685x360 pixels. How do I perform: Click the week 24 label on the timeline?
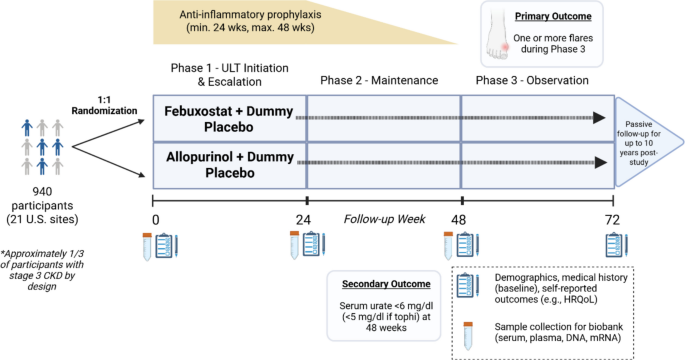click(303, 220)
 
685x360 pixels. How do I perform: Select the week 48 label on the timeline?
click(458, 220)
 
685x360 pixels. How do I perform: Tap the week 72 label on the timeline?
click(612, 220)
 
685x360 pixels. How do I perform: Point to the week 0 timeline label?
click(156, 220)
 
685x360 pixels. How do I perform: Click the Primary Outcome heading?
click(553, 16)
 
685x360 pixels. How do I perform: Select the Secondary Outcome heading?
click(386, 284)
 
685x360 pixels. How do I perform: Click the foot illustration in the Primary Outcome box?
click(497, 36)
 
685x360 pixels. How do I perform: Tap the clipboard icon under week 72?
click(616, 245)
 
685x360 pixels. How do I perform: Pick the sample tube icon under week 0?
click(147, 246)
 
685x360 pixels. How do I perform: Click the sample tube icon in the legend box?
click(468, 336)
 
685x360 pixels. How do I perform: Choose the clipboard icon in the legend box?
click(467, 285)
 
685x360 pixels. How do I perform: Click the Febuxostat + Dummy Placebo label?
click(228, 119)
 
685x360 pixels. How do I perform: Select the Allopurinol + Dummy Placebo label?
click(230, 165)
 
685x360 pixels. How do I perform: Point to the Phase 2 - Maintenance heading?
click(379, 80)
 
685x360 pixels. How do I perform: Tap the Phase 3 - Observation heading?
click(532, 80)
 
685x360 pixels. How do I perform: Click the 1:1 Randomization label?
click(104, 106)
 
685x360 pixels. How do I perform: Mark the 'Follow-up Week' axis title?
click(384, 219)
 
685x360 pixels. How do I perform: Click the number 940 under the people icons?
click(42, 191)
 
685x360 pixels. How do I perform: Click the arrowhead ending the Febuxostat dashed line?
click(599, 118)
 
